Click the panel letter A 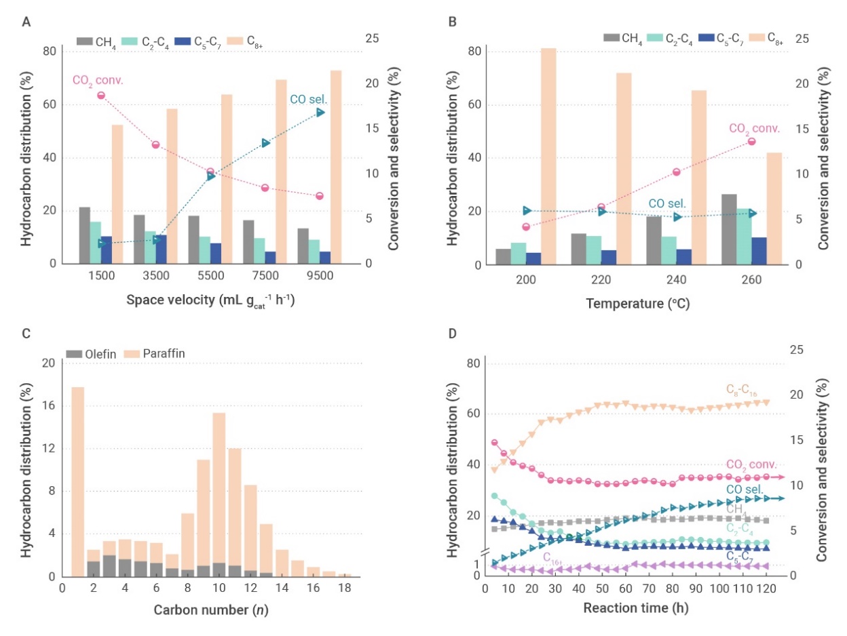pyautogui.click(x=26, y=22)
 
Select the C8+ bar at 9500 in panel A pyautogui.click(x=335, y=167)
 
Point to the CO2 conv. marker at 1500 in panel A pyautogui.click(x=101, y=96)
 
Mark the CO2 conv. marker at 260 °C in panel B pyautogui.click(x=751, y=141)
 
